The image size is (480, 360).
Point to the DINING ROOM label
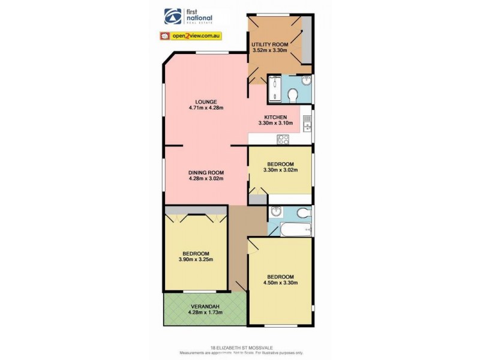(206, 172)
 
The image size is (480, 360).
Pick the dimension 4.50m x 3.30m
(281, 283)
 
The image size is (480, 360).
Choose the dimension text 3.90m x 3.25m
(196, 259)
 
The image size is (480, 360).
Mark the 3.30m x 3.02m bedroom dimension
(280, 170)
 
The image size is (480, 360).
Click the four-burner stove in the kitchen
(283, 139)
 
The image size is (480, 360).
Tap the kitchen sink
(307, 123)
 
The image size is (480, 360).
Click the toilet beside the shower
(293, 95)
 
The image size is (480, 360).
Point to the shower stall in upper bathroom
(274, 89)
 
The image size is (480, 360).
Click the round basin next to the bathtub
(276, 211)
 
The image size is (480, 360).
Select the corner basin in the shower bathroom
(307, 80)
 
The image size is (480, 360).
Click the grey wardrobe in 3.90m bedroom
(196, 210)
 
